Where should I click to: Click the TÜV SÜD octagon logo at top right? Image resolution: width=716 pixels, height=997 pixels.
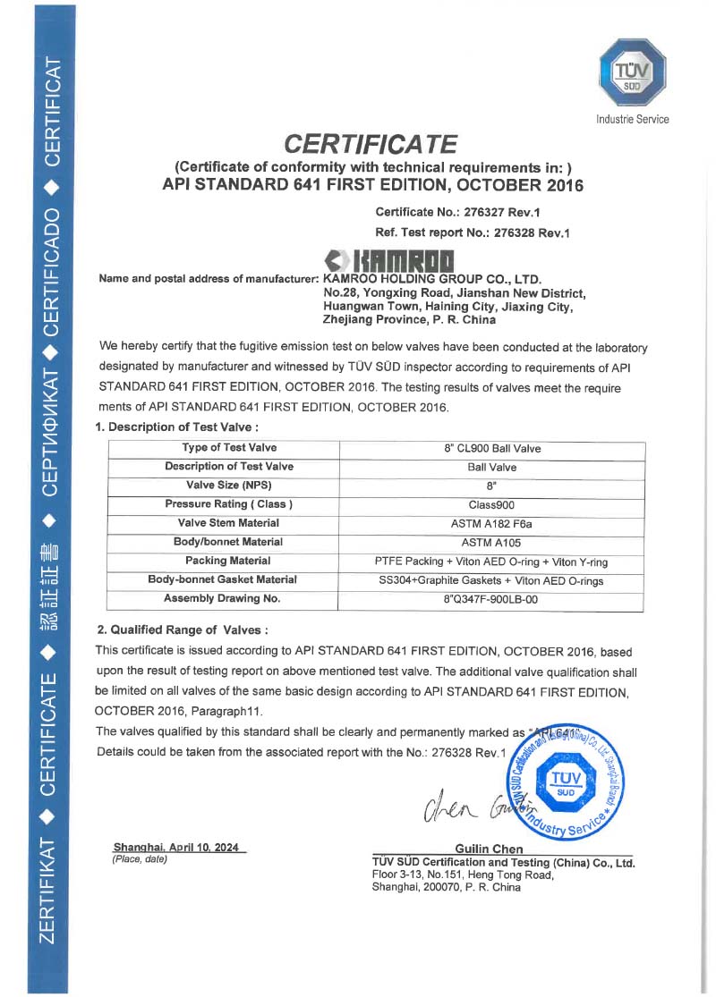(x=632, y=74)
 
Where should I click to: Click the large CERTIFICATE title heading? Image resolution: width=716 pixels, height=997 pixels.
(x=371, y=144)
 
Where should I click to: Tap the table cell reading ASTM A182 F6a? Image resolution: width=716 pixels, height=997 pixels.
(x=491, y=523)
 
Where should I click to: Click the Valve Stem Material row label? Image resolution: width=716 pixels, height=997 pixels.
(x=222, y=523)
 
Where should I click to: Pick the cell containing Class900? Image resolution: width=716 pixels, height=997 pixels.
(x=491, y=504)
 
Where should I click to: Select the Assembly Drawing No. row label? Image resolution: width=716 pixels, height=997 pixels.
(x=222, y=598)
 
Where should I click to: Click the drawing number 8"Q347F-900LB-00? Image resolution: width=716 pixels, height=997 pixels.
(x=491, y=599)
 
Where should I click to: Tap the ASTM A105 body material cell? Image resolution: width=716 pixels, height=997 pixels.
(x=491, y=542)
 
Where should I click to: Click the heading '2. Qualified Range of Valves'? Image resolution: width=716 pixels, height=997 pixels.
(x=182, y=629)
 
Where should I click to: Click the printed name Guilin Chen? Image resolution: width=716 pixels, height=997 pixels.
(x=489, y=849)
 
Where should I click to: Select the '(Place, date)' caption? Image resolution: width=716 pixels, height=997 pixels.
(x=140, y=859)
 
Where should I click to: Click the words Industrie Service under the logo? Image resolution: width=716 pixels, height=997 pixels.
(x=632, y=119)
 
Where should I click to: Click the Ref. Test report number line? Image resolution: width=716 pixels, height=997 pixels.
(x=473, y=232)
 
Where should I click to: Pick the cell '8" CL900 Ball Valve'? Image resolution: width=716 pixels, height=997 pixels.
(x=491, y=448)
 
